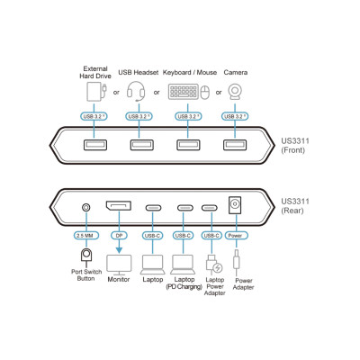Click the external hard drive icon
click(x=96, y=92)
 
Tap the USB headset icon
click(x=136, y=91)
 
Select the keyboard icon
click(x=184, y=92)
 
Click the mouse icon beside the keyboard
click(x=205, y=93)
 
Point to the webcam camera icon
click(x=235, y=92)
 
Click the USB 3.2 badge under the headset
click(x=139, y=116)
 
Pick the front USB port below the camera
click(x=235, y=145)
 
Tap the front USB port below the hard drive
click(x=94, y=145)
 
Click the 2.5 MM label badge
click(x=85, y=236)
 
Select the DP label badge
click(x=119, y=236)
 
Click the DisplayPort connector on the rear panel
click(x=118, y=206)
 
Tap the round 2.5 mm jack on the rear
click(x=86, y=207)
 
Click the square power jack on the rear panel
click(x=235, y=205)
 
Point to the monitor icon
click(x=119, y=265)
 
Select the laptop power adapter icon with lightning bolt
click(x=214, y=264)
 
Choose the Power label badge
click(x=236, y=236)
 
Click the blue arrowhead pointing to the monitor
click(x=119, y=250)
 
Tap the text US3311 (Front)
click(x=295, y=146)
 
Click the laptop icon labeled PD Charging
click(x=183, y=265)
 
